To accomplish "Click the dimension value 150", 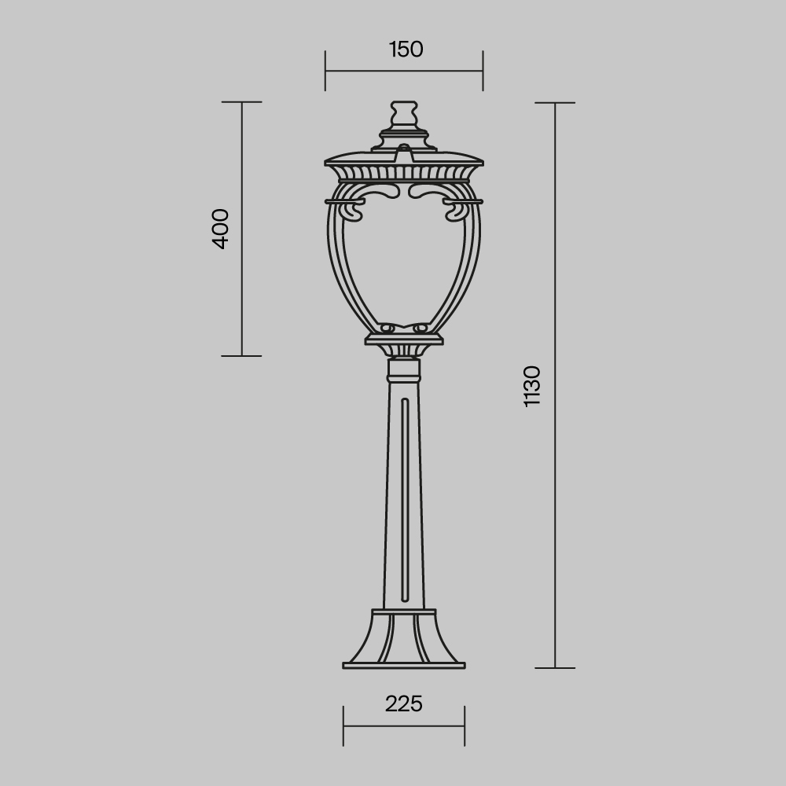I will point(406,50).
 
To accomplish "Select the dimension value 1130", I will point(532,386).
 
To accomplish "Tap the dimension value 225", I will point(404,703).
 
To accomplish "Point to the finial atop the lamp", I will point(404,114).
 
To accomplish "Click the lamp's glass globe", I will point(404,259).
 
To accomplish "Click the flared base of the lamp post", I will point(404,637).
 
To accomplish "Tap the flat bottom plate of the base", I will point(404,666).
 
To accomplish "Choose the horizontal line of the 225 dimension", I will point(404,726).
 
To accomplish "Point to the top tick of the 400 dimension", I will point(241,102).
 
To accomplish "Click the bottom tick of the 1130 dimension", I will point(556,668).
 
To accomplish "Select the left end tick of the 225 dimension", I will point(343,726).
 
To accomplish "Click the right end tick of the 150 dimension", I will point(483,71).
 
